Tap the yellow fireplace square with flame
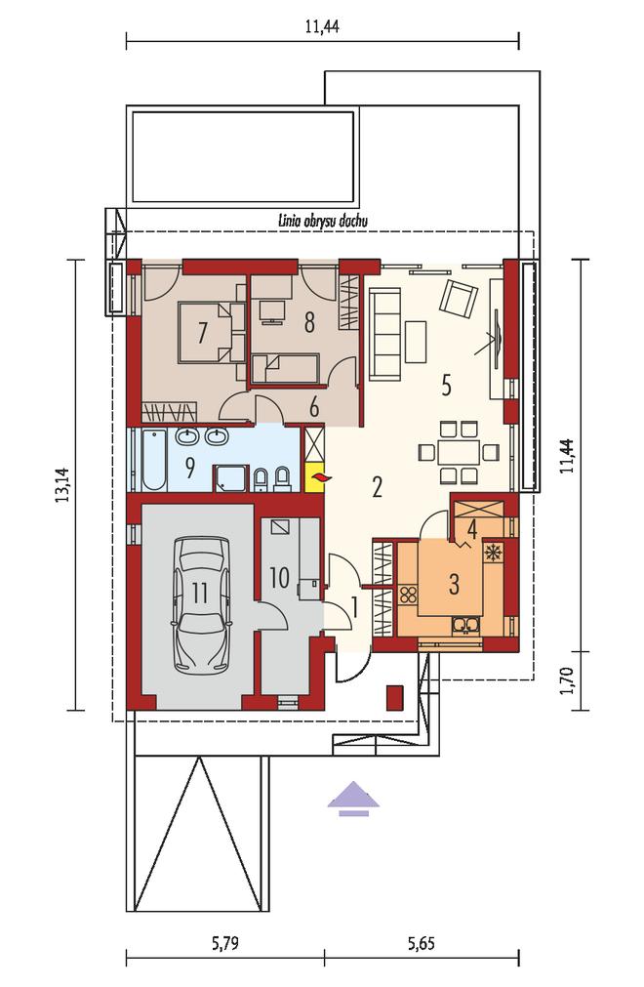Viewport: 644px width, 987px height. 314,480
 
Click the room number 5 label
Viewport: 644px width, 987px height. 446,385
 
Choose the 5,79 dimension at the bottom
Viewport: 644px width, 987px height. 225,943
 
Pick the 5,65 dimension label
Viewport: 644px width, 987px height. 421,943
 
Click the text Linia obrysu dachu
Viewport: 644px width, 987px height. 322,221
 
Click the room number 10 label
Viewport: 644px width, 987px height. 279,577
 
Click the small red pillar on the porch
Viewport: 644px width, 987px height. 394,697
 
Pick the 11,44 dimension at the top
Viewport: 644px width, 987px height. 322,26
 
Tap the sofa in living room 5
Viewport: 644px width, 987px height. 384,334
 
